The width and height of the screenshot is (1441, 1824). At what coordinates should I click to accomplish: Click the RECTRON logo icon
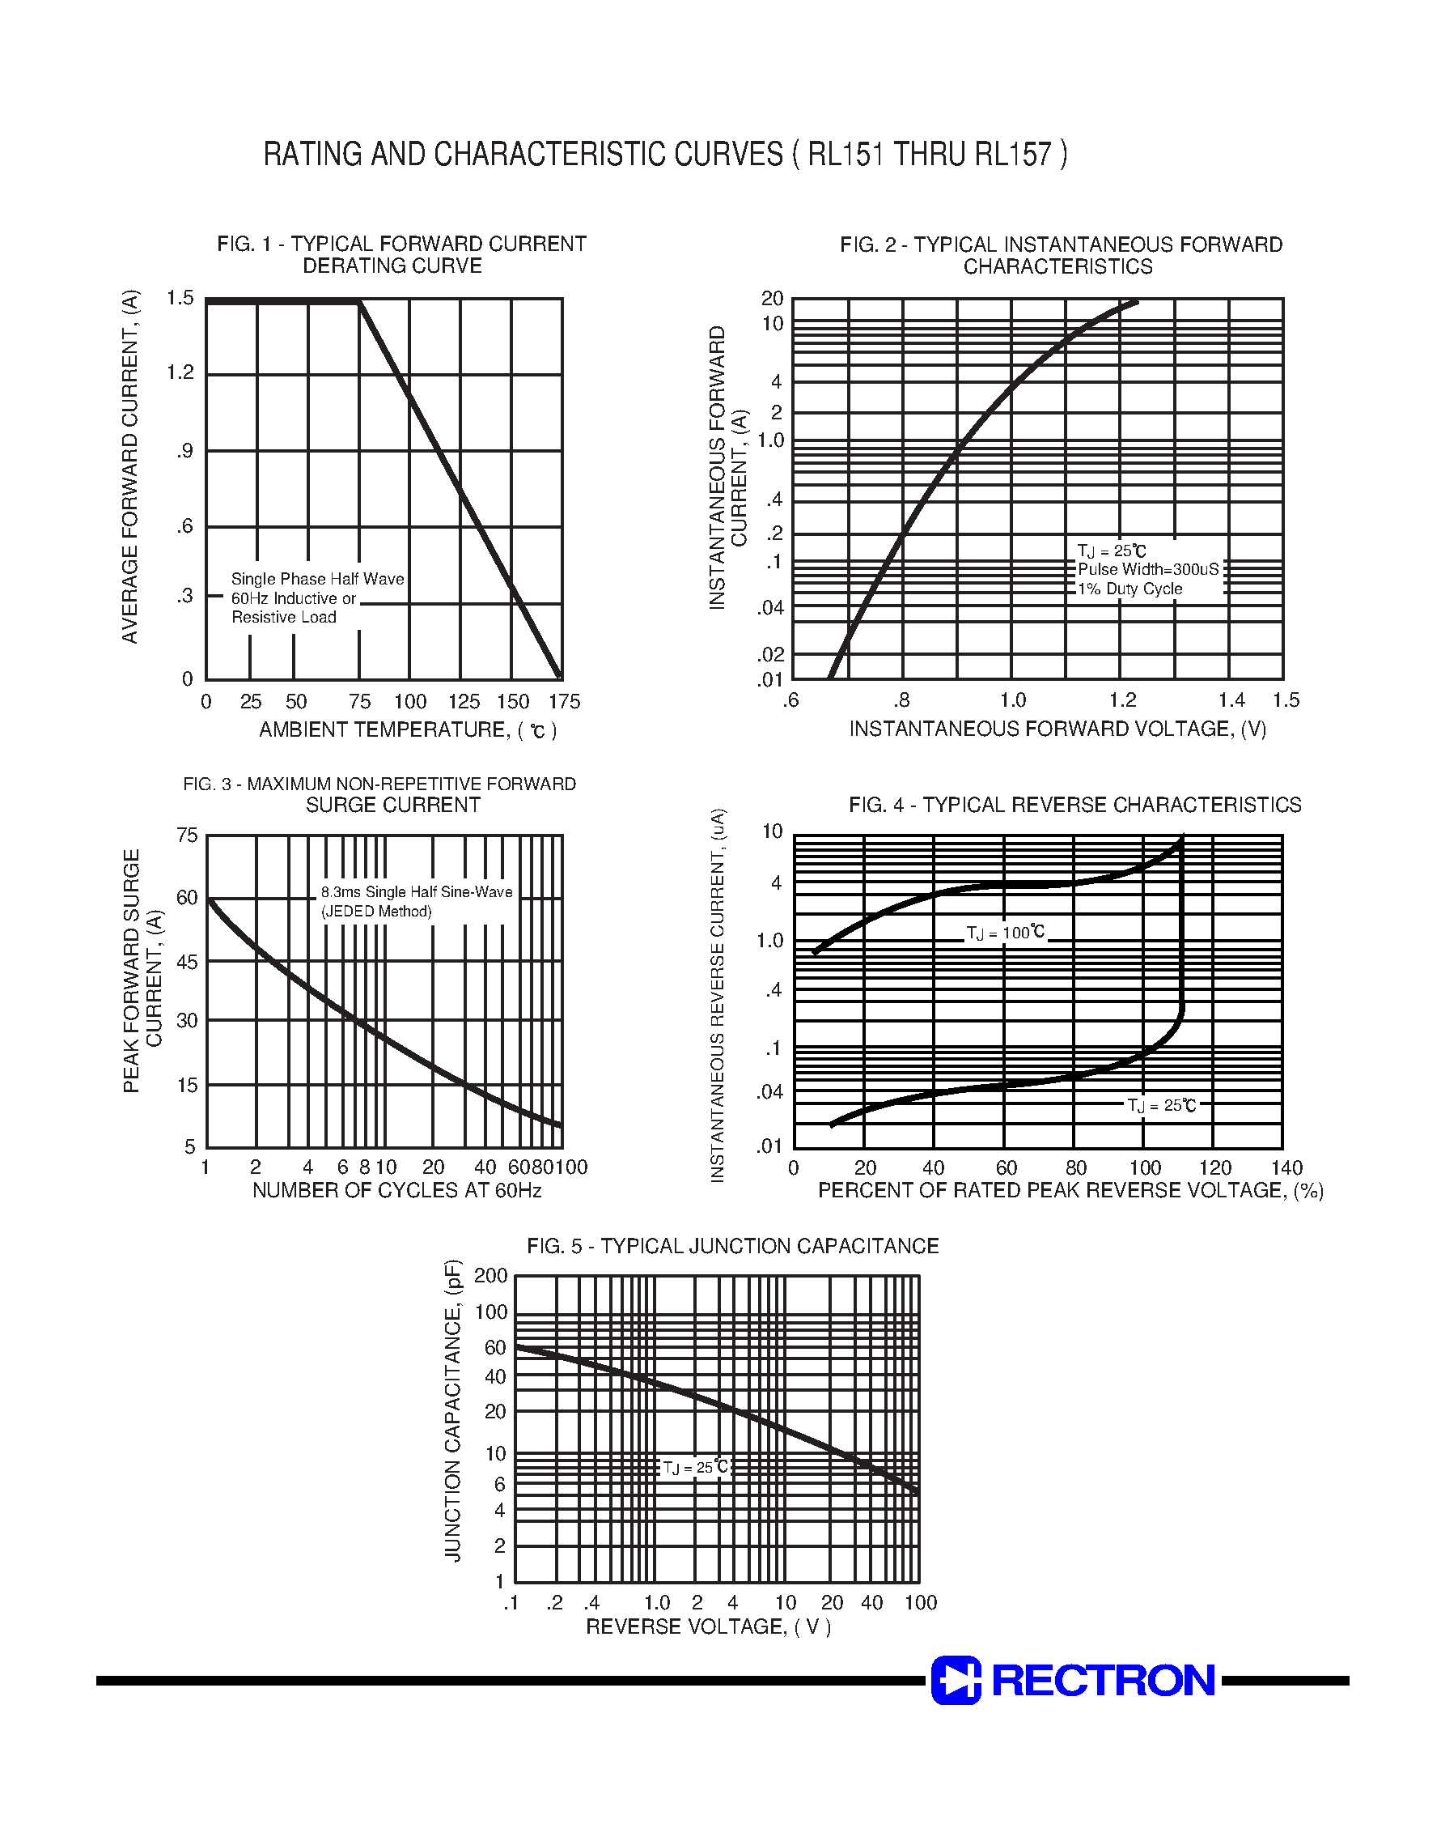click(956, 1680)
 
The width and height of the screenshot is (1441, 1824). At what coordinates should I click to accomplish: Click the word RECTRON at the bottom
click(1103, 1681)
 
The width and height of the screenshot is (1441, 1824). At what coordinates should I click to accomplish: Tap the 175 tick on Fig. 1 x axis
click(565, 702)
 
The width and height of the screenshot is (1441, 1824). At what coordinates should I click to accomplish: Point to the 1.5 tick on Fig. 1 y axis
click(180, 298)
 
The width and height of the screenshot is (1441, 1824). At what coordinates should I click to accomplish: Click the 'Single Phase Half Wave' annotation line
click(317, 579)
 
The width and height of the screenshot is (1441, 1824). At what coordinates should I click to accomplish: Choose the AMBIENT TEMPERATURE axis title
click(408, 730)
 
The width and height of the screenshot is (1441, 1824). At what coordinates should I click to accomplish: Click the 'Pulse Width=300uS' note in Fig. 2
click(1148, 570)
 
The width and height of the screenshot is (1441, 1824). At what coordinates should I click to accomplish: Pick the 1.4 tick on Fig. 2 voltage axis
click(1231, 700)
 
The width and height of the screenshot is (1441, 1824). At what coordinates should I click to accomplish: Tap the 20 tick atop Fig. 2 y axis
click(772, 299)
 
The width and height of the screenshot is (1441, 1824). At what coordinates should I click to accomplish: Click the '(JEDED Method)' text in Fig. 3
click(376, 912)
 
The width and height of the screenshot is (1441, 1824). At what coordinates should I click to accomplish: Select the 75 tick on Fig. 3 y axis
click(186, 835)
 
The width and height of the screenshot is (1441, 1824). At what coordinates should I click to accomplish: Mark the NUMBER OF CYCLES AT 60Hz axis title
click(396, 1191)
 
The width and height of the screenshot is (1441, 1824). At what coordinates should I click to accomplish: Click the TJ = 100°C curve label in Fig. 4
click(1006, 933)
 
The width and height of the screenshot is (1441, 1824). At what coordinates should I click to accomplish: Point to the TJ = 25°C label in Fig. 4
click(1162, 1106)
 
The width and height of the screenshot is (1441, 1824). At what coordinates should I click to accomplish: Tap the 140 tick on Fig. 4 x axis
click(1286, 1168)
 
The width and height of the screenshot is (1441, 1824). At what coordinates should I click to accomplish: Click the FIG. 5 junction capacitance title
click(732, 1247)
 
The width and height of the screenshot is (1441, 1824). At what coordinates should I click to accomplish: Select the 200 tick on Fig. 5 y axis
click(490, 1275)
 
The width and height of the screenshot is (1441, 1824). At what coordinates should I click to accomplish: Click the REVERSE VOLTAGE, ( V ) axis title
click(709, 1626)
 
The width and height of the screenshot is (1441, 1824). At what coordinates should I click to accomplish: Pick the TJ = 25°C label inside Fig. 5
click(695, 1468)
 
